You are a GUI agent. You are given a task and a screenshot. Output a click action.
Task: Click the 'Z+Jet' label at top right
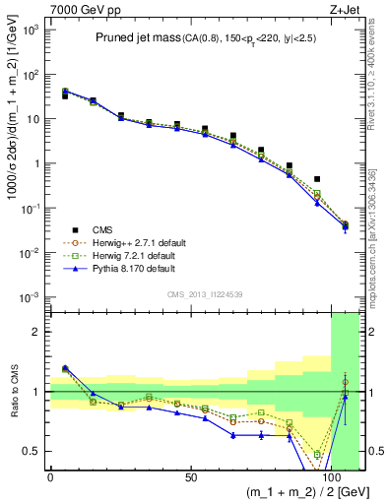click(x=344, y=8)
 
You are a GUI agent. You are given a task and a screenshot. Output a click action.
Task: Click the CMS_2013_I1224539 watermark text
click(x=205, y=293)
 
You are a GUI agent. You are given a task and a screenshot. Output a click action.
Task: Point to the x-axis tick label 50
click(x=190, y=478)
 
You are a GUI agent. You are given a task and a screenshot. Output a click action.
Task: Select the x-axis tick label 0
click(x=50, y=478)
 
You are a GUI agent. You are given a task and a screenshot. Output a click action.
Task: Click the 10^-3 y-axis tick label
click(x=30, y=297)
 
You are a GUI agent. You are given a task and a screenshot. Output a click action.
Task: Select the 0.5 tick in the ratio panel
click(x=32, y=451)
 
